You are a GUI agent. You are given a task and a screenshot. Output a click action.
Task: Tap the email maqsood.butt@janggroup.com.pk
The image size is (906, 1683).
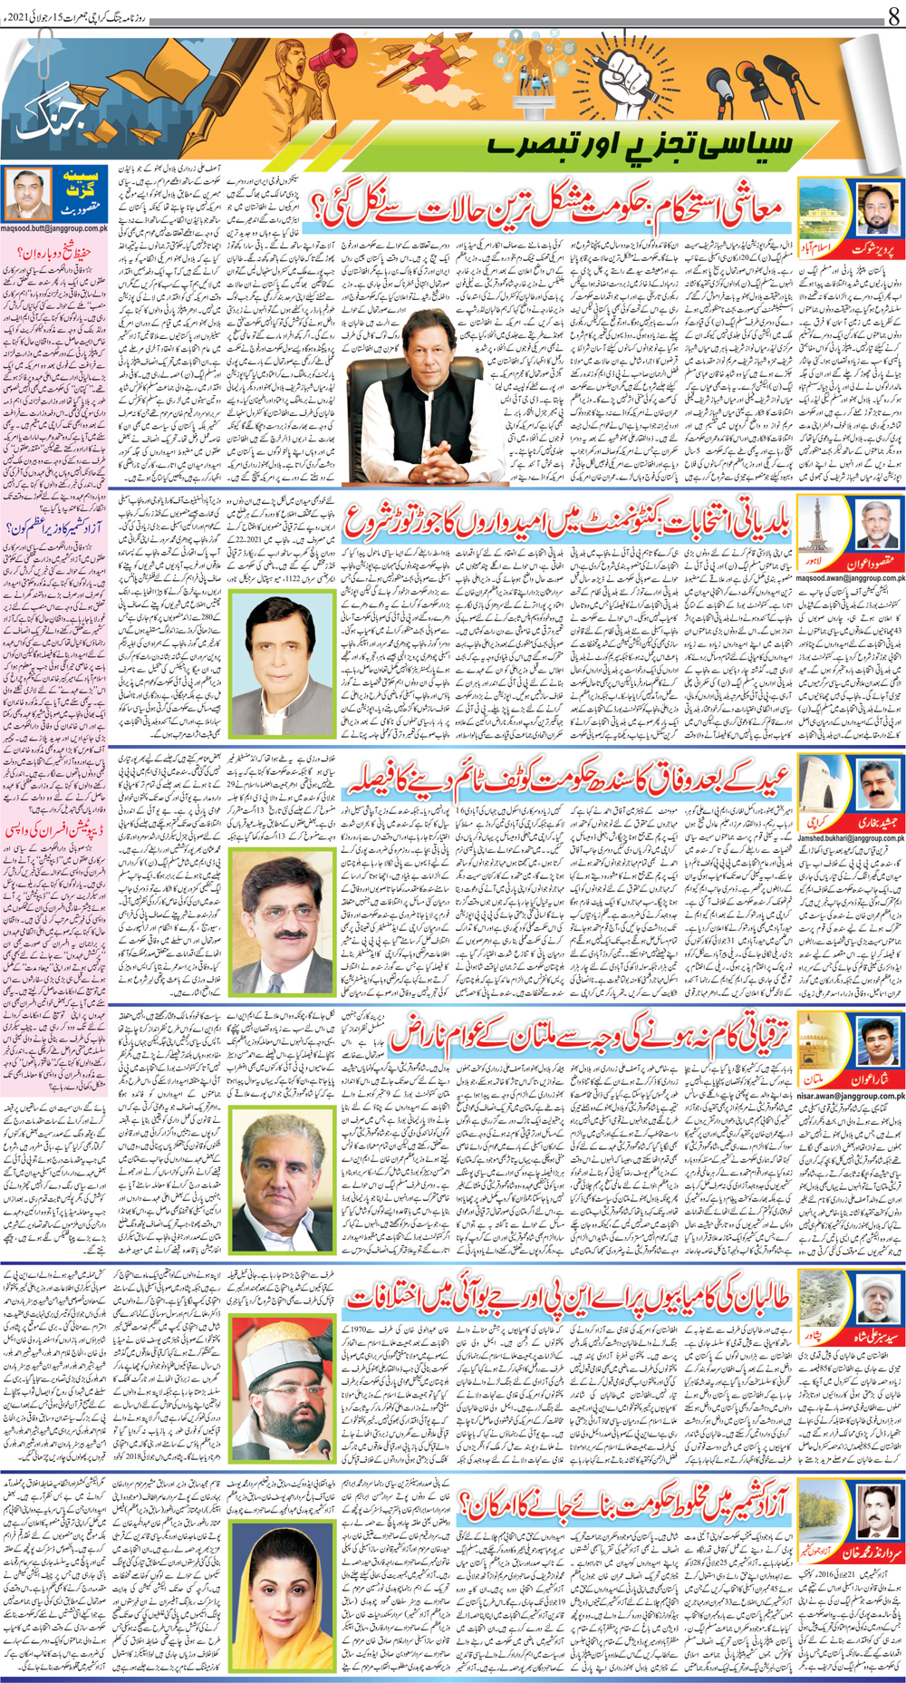point(54,228)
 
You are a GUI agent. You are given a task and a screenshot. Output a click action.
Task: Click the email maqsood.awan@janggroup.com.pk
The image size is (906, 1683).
point(852,577)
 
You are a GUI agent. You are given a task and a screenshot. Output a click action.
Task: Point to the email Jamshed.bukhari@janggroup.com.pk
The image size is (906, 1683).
point(852,838)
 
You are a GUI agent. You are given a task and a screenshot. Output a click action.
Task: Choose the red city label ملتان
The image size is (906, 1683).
point(814,1079)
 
